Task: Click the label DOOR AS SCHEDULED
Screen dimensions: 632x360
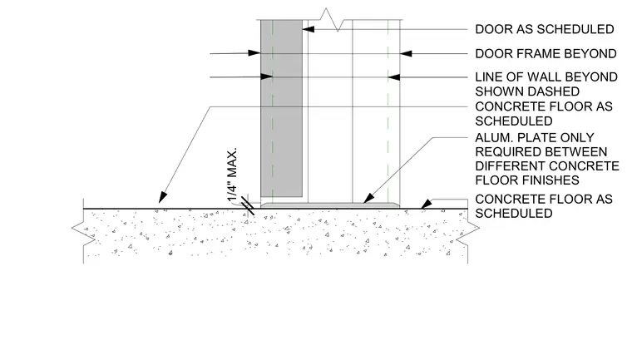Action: (545, 29)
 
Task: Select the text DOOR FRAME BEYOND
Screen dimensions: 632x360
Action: (546, 53)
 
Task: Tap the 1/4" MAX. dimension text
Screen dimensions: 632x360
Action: (232, 175)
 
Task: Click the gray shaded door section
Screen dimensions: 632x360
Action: (281, 108)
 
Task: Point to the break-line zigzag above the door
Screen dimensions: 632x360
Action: (332, 19)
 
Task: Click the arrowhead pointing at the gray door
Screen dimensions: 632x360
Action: (309, 29)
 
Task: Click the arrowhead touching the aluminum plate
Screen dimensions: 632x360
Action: (368, 198)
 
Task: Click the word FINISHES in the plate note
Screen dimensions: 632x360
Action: (527, 180)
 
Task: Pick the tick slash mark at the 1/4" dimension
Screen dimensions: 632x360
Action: (248, 206)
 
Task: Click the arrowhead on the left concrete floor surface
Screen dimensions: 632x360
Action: (162, 197)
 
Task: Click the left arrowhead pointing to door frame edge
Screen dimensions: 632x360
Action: (254, 53)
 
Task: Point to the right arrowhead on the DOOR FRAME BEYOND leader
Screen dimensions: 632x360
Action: (406, 53)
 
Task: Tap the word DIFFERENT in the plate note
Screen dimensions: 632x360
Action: (511, 166)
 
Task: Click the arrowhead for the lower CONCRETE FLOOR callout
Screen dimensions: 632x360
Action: (427, 204)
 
